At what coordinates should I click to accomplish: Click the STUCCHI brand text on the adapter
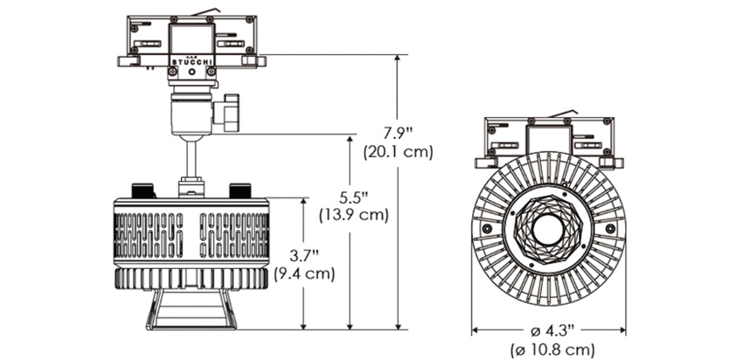tap(192, 62)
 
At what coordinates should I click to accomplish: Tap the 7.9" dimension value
tap(395, 133)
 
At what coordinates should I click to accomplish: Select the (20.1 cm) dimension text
tap(398, 153)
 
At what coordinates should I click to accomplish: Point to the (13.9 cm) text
tap(353, 215)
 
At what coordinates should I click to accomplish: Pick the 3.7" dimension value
tap(303, 256)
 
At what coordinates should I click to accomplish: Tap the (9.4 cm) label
tap(304, 274)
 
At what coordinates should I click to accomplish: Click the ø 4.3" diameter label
tap(552, 330)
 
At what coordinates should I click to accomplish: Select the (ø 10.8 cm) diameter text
tap(552, 351)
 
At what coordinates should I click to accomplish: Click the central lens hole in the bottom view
tap(548, 230)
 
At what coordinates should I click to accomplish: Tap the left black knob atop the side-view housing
tap(142, 190)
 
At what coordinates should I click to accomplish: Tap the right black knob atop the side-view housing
tap(240, 190)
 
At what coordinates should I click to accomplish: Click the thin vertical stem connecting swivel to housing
tap(191, 159)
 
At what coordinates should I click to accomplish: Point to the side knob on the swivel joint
tap(227, 113)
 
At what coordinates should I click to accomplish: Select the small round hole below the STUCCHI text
tap(192, 72)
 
